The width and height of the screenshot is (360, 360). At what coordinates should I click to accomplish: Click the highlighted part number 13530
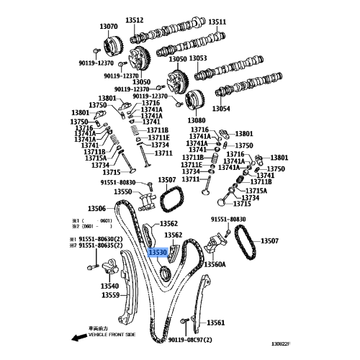158,253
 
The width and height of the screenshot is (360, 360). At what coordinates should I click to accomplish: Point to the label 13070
109,27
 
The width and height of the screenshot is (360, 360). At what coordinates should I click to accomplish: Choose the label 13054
220,108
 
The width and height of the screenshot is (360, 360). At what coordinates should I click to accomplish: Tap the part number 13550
123,192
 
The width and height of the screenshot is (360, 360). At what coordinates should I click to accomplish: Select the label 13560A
215,264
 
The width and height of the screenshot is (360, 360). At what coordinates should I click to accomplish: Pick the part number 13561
216,323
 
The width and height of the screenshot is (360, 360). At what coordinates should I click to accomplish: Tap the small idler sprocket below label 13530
165,272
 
